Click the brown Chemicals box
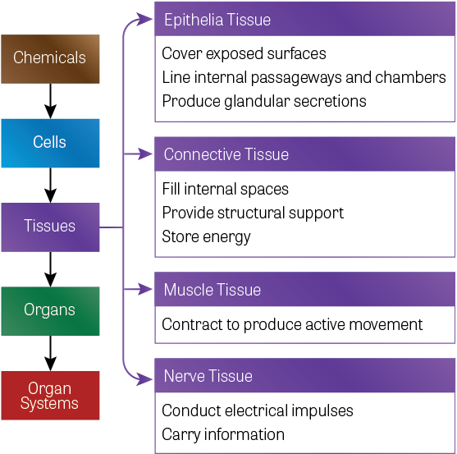tap(50, 58)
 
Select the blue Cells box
tap(50, 143)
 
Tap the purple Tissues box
tap(50, 227)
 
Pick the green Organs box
tap(50, 310)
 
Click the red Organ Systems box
tap(50, 395)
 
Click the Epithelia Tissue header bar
tap(304, 19)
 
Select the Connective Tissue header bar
tap(304, 154)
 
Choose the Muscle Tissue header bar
tap(304, 290)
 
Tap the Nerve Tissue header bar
tap(304, 376)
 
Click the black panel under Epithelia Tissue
tap(304, 78)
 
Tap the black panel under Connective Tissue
tap(304, 213)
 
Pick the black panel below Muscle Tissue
tap(304, 324)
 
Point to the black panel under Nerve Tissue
tap(304, 422)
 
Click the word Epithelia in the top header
tap(193, 20)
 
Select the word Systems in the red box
tap(50, 403)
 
